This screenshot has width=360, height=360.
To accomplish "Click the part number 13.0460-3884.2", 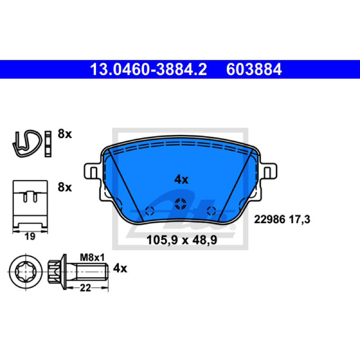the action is pyautogui.click(x=148, y=69).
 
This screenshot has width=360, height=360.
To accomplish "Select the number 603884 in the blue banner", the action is pyautogui.click(x=254, y=69).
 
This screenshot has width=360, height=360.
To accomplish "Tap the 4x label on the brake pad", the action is pyautogui.click(x=181, y=179).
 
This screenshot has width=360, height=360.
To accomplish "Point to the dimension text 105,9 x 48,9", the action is pyautogui.click(x=182, y=240).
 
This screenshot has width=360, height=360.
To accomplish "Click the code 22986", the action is pyautogui.click(x=270, y=219).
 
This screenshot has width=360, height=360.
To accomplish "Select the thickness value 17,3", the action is pyautogui.click(x=299, y=220).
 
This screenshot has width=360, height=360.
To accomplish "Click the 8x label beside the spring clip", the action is pyautogui.click(x=65, y=134).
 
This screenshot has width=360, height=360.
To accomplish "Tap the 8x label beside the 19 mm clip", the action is pyautogui.click(x=65, y=187).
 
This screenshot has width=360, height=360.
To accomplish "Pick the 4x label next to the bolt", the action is pyautogui.click(x=120, y=268).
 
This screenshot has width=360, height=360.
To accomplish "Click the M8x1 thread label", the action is pyautogui.click(x=92, y=257).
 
